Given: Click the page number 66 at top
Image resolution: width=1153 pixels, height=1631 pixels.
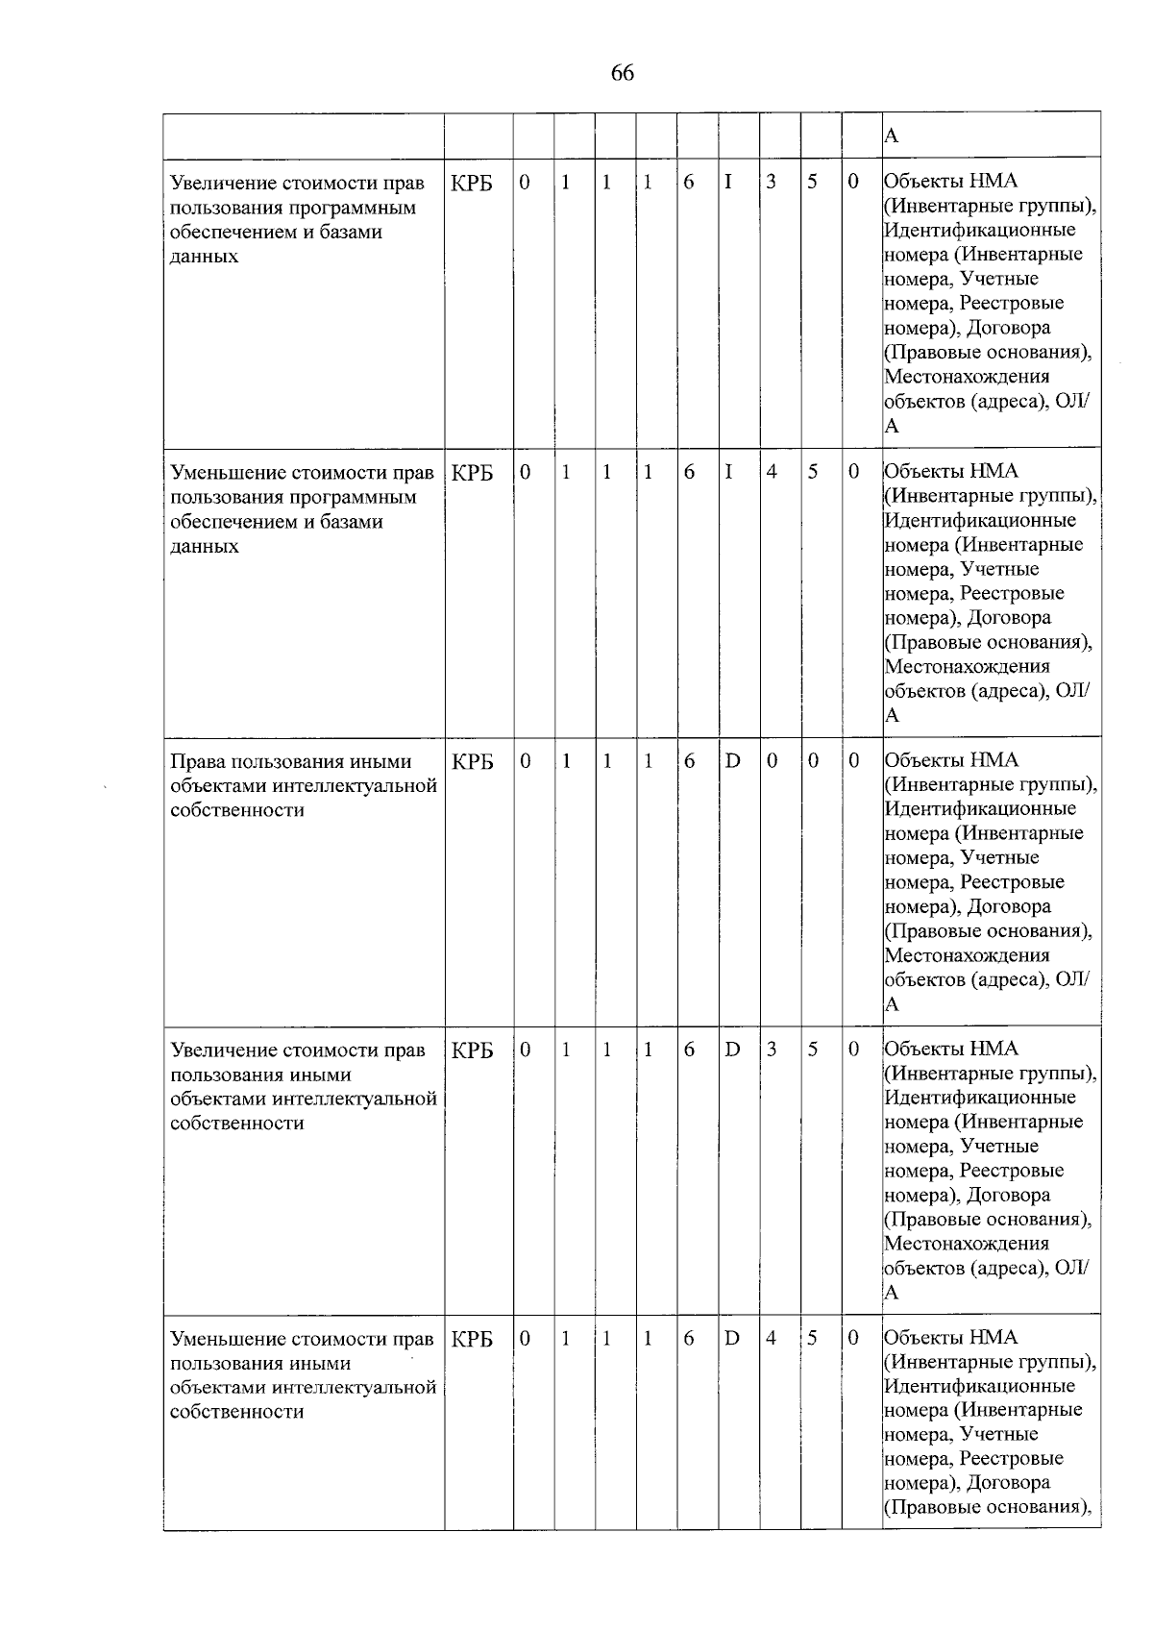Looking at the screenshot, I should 622,73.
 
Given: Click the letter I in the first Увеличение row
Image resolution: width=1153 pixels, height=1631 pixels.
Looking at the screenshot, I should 728,182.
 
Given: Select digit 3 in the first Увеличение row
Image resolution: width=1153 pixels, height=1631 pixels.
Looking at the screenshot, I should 771,182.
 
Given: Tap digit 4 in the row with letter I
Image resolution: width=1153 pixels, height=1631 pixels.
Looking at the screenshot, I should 771,472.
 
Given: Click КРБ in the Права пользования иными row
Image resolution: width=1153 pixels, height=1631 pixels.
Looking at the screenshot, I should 472,762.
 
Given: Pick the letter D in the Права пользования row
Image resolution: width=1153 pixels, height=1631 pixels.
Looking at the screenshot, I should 732,761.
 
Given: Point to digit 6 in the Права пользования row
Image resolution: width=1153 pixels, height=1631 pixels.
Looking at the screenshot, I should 689,761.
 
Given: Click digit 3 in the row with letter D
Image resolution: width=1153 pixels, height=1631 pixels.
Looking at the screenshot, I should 771,1050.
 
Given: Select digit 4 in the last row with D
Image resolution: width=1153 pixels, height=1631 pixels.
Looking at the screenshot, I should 771,1338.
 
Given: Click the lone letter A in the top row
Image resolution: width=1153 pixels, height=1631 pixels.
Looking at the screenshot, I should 891,136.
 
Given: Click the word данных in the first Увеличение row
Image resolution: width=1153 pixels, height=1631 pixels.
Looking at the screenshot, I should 204,257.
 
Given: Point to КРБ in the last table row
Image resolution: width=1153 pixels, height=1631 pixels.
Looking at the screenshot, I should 472,1339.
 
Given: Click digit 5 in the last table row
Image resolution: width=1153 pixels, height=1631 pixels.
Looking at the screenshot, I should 812,1338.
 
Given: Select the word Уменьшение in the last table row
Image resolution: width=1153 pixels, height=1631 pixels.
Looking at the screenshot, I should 226,1339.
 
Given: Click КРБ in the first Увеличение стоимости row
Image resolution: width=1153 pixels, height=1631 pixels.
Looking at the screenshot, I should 472,183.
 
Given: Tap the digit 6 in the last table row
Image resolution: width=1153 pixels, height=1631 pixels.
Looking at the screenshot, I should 689,1338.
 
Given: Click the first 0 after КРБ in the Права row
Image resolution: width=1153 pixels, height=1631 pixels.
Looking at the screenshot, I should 525,761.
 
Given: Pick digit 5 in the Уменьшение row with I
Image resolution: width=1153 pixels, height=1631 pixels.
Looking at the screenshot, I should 812,472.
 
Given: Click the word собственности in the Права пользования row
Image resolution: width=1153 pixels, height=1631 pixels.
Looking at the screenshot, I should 236,810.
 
